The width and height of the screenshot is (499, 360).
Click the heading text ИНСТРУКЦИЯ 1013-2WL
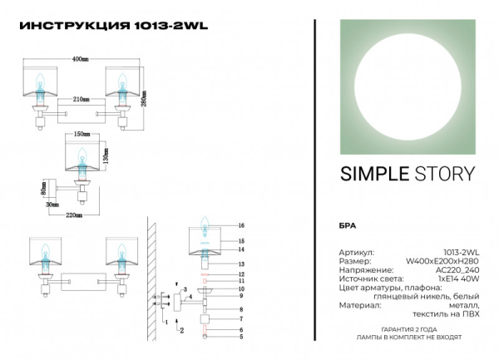coord(112,25)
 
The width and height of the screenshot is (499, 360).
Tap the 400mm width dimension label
coord(80,60)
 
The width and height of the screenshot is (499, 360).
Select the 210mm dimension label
coord(80,99)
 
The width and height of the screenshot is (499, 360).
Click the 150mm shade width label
coord(82,134)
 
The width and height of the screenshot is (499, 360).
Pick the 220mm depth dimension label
coord(73,215)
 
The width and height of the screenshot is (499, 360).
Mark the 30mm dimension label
coord(52,204)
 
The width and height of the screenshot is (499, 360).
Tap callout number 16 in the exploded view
coord(240,226)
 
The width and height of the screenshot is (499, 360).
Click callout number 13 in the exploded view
coord(240,263)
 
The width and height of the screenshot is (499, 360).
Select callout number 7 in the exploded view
coord(240,318)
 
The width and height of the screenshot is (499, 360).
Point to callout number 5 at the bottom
coord(240,337)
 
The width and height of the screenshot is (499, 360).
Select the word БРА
coord(348,226)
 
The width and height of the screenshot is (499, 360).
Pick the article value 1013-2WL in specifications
coord(462,251)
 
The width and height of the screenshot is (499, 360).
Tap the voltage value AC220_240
coord(458,269)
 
